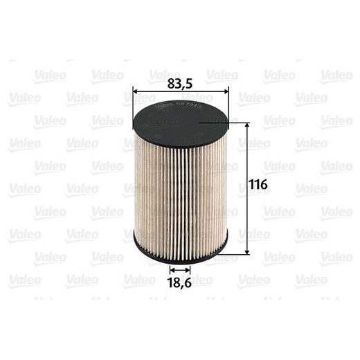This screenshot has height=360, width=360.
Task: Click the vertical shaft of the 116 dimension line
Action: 247,208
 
